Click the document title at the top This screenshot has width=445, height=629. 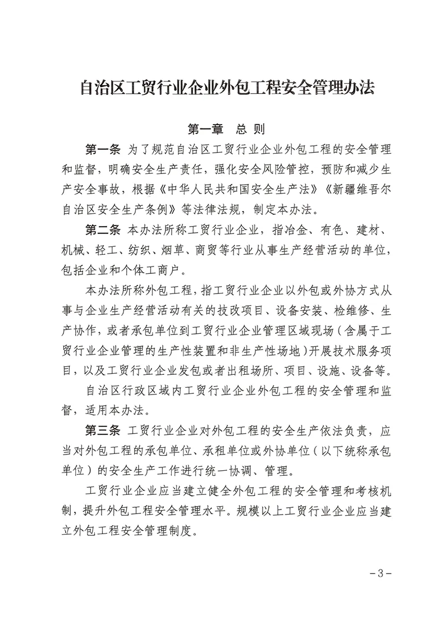[x=227, y=88]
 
